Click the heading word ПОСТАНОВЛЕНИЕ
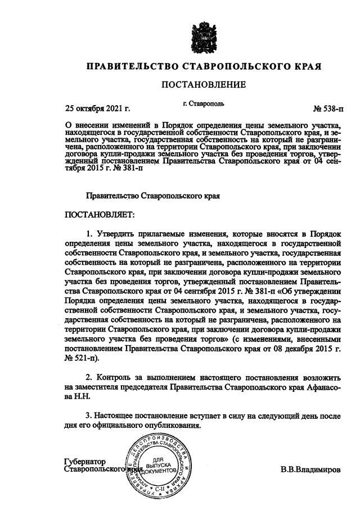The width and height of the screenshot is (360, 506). coord(204,85)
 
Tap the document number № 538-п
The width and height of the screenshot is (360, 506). coord(327,108)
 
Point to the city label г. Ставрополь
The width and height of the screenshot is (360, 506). coord(204,104)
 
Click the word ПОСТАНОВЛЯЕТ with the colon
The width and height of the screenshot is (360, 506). coord(99,215)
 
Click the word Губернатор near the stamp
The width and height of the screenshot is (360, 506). coord(85,462)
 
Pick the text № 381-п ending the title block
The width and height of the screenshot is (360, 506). coord(127,167)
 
